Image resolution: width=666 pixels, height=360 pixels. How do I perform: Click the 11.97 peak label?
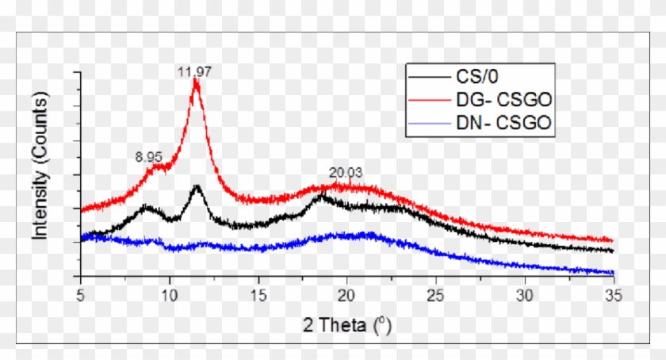(x=194, y=72)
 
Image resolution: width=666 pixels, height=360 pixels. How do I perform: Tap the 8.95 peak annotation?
(x=149, y=157)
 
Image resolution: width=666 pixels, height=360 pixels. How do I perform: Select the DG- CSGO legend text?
(x=504, y=100)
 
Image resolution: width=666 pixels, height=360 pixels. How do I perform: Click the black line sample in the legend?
(x=430, y=78)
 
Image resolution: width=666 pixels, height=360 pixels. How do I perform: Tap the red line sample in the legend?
(x=430, y=100)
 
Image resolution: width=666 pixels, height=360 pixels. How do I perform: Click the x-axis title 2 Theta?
(x=346, y=324)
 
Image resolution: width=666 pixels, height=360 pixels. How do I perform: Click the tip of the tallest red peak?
(x=195, y=80)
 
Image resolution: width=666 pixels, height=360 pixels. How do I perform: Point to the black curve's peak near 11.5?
(x=196, y=186)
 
